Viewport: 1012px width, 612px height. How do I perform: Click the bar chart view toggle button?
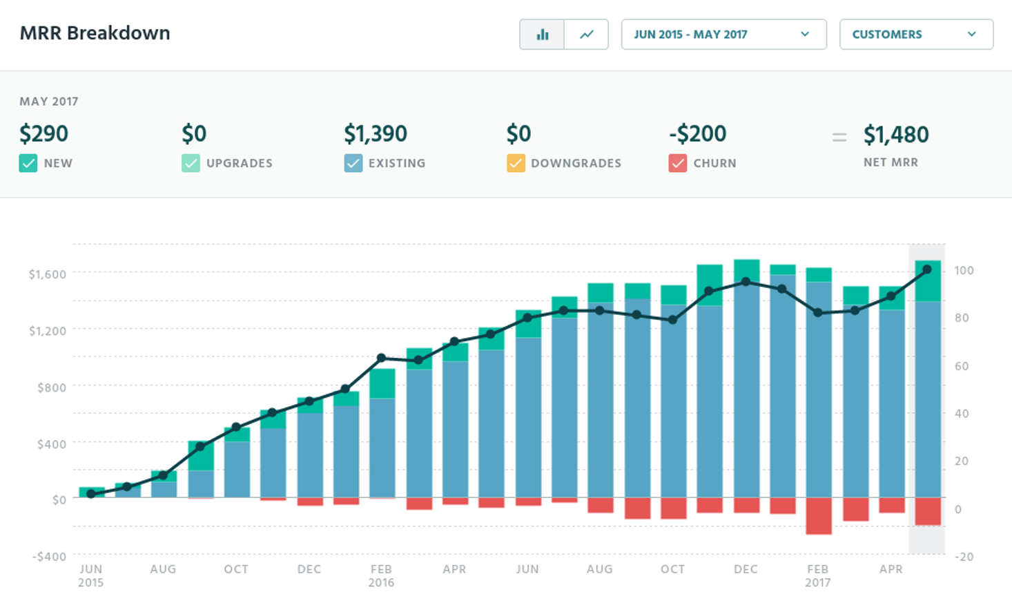coord(542,35)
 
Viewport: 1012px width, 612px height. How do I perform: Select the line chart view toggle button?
coord(586,35)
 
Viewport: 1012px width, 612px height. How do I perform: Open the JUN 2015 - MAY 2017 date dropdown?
coord(723,35)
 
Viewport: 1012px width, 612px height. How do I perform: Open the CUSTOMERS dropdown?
coord(916,35)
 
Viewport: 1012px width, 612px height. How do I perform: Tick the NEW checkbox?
coord(28,164)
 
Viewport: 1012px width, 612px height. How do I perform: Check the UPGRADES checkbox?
coord(191,164)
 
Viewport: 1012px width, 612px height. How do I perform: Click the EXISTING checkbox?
coord(353,164)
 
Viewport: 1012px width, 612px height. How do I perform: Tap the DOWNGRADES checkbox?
coord(516,164)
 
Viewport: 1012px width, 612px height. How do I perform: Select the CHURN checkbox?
coord(678,164)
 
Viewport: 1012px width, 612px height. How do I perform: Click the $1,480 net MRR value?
coord(896,135)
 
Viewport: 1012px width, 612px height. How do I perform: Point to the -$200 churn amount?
coord(697,134)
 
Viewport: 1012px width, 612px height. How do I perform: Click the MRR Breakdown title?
coord(95,33)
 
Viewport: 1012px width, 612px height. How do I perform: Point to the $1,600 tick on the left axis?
coord(47,274)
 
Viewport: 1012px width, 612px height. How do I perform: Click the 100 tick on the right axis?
coord(964,270)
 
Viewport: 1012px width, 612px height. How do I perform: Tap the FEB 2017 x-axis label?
coord(818,575)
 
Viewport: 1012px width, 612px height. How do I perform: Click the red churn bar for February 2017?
coord(819,515)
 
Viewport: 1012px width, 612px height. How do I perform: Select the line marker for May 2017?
coord(927,270)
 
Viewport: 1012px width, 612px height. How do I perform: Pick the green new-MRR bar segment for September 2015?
coord(201,455)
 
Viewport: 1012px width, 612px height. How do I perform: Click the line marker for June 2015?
coord(91,494)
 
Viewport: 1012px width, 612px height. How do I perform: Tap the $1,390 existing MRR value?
coord(376,134)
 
